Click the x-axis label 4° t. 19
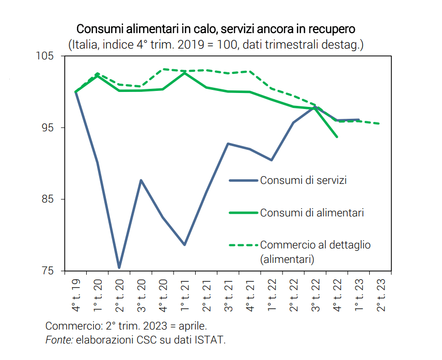pyautogui.click(x=76, y=295)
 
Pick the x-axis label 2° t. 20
pyautogui.click(x=119, y=295)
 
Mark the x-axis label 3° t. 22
pyautogui.click(x=315, y=295)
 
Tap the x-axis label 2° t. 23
pyautogui.click(x=381, y=295)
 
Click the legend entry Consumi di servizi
pyautogui.click(x=303, y=180)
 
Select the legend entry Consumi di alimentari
pyautogui.click(x=312, y=212)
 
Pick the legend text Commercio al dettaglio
pyautogui.click(x=315, y=244)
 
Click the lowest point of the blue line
pyautogui.click(x=119, y=268)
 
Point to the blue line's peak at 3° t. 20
pyautogui.click(x=141, y=180)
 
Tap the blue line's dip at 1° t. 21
pyautogui.click(x=184, y=244)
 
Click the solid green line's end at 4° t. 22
pyautogui.click(x=337, y=137)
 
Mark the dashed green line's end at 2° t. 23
pyautogui.click(x=380, y=123)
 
